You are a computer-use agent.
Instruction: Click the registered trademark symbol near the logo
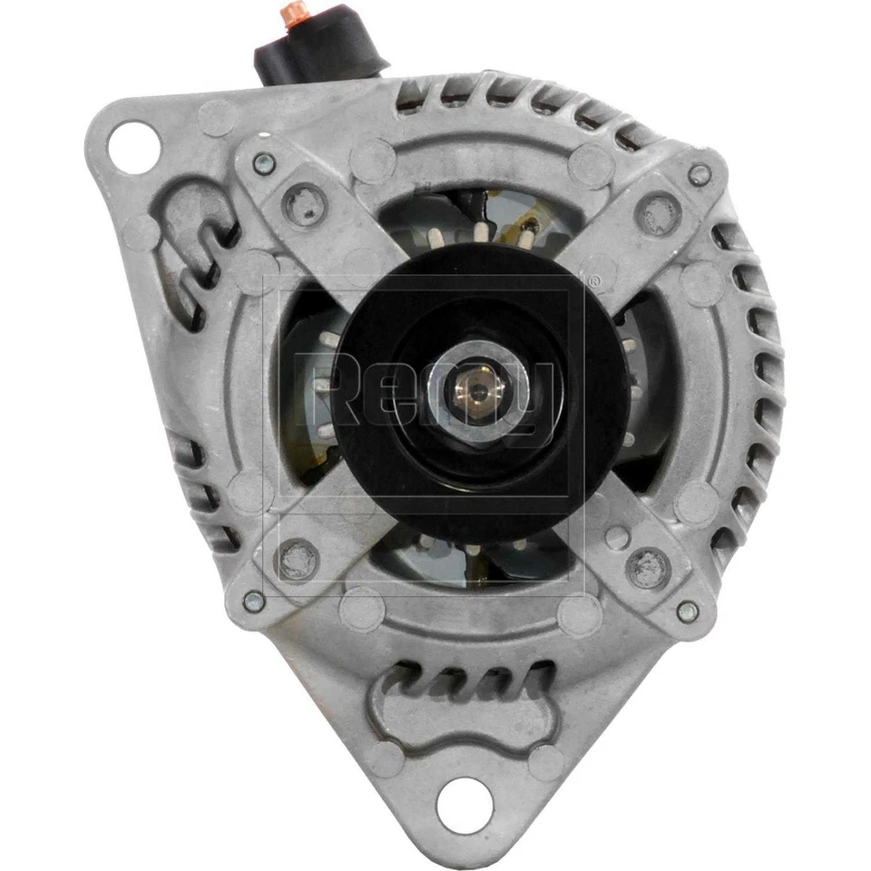(x=594, y=282)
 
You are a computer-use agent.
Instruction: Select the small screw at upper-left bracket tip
(x=265, y=164)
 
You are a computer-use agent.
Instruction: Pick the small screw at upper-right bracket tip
(x=699, y=175)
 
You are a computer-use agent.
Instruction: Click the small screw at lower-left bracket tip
(x=256, y=601)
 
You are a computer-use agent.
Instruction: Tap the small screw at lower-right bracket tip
(x=688, y=612)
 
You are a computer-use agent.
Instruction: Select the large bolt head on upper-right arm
(x=659, y=213)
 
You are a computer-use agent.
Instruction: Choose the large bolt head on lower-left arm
(x=297, y=559)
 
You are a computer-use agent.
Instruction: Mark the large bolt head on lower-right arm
(x=648, y=569)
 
